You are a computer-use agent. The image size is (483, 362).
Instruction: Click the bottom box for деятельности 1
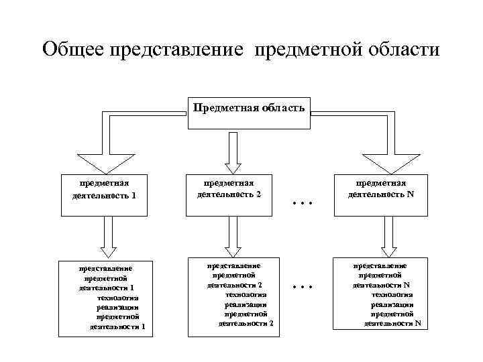coord(105,295)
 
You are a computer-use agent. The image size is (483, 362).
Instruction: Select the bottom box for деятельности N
coord(380,294)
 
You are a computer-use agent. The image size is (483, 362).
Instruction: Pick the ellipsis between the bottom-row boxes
coord(304,286)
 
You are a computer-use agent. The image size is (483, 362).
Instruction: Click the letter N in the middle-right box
coord(409,194)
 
